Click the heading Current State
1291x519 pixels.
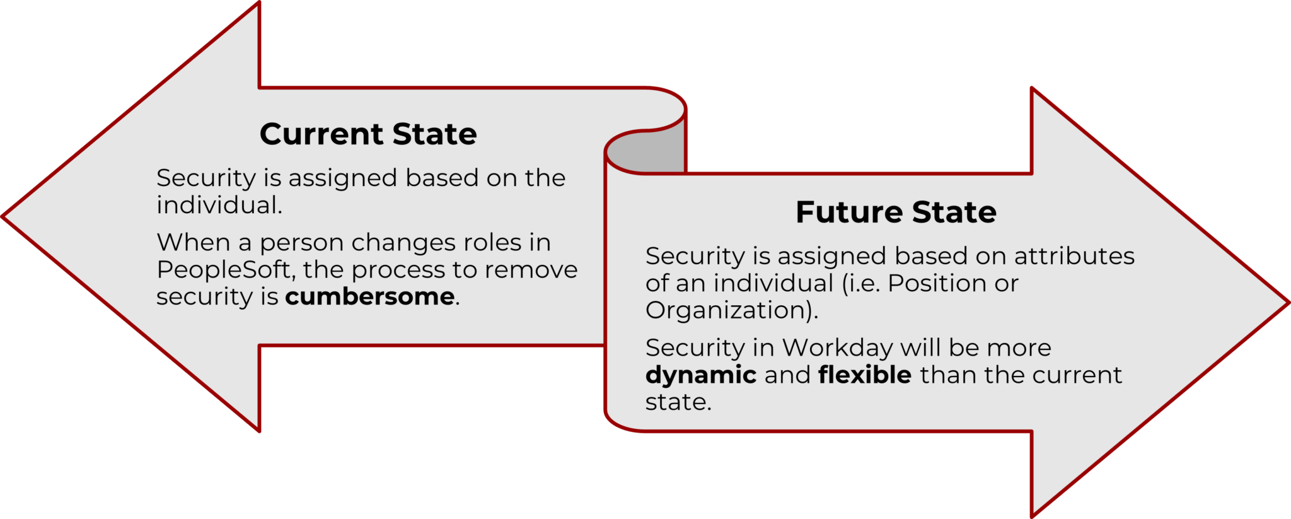(368, 134)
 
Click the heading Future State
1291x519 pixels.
(896, 212)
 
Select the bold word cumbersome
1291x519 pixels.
(370, 296)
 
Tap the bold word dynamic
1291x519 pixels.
(700, 375)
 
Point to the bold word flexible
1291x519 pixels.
(864, 375)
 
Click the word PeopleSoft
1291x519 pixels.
(224, 270)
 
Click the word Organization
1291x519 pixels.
(727, 310)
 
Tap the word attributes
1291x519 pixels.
(1074, 256)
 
